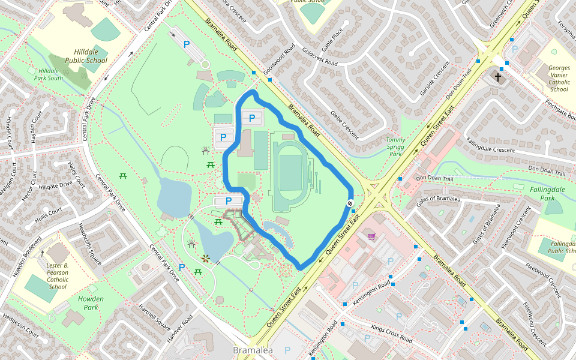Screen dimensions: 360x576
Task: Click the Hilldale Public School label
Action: [86, 56]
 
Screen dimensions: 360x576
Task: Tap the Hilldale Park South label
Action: [48, 74]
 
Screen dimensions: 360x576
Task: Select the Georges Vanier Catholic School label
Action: [559, 79]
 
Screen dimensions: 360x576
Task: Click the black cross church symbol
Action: [497, 76]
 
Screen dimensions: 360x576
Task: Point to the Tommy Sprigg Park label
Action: [396, 147]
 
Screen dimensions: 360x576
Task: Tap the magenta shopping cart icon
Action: [371, 236]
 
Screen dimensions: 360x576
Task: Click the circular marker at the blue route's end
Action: [350, 204]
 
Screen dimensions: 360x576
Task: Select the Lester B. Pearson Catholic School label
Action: [58, 275]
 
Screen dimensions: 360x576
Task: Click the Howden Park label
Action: [91, 303]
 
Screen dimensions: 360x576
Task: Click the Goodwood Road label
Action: [279, 58]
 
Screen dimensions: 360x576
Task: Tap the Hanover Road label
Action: [179, 328]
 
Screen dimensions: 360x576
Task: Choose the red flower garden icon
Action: [206, 259]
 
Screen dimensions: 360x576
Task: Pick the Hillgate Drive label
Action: [55, 187]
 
